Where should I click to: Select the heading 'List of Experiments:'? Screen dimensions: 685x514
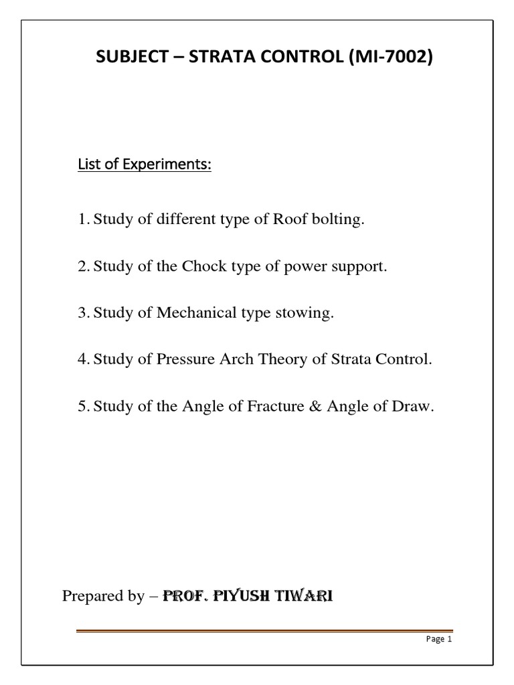point(145,165)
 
